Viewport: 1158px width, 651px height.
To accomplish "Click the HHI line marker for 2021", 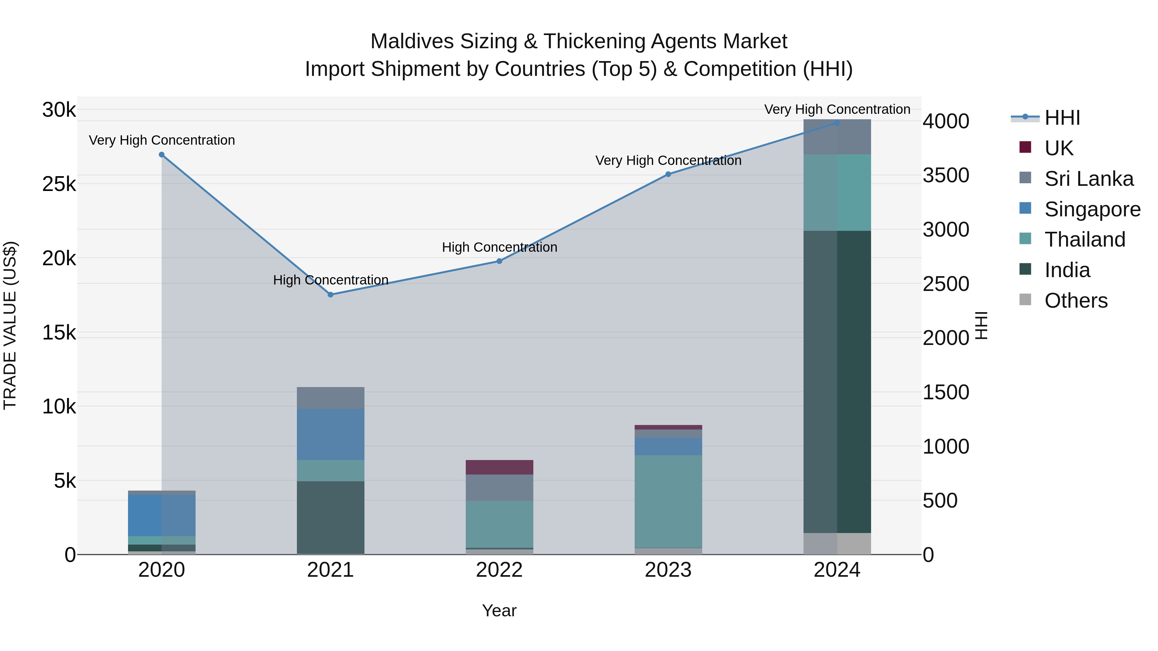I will click(x=330, y=295).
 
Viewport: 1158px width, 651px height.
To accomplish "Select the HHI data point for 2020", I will click(x=162, y=155).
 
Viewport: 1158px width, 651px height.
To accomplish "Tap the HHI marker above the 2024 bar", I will click(x=837, y=123).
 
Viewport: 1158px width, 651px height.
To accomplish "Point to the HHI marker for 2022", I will click(x=499, y=261).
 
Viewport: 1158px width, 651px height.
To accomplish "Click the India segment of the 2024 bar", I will click(x=837, y=382).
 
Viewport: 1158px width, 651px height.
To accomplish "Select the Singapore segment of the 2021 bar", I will click(x=330, y=434).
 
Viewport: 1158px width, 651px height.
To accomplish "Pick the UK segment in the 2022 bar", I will click(x=499, y=467).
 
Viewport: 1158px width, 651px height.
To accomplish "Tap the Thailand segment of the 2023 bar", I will click(x=668, y=501).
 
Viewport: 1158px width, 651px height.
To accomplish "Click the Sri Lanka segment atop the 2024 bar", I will click(x=837, y=137).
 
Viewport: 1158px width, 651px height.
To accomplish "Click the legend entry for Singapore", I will click(x=1092, y=209).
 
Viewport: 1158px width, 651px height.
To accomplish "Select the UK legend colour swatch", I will click(x=1025, y=147).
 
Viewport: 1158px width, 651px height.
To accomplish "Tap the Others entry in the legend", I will click(x=1076, y=301).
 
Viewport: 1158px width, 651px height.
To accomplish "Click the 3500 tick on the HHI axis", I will click(x=946, y=175).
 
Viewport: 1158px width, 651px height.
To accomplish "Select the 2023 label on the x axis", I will click(x=668, y=570).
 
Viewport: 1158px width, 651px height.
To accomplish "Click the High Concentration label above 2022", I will click(x=499, y=247).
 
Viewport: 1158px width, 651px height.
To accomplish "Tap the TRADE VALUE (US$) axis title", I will click(x=10, y=325).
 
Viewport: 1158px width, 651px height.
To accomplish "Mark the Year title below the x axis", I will click(x=499, y=610).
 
